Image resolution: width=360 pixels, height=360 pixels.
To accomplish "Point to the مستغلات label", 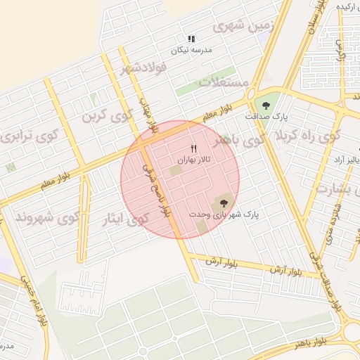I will tap(224, 82).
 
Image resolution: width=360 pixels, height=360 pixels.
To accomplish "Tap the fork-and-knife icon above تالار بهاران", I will tap(194, 148).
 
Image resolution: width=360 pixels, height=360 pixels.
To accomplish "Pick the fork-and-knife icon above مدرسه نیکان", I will tap(191, 39).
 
